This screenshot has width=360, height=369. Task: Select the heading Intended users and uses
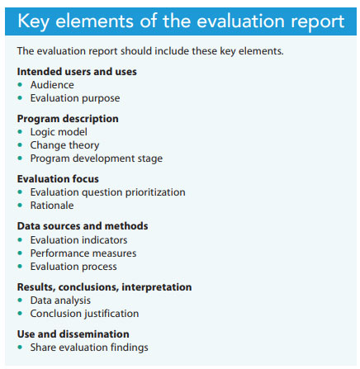coord(77,72)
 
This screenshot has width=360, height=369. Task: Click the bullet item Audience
coord(52,84)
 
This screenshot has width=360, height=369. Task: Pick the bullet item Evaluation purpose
coord(73,97)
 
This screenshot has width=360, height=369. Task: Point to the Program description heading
coord(68,119)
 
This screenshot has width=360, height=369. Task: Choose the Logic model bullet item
coord(58,131)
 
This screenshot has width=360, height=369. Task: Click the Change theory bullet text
coord(64,144)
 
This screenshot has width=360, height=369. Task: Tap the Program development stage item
coord(96,158)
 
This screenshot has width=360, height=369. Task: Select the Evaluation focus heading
coord(58,178)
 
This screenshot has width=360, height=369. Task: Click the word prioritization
coord(154,192)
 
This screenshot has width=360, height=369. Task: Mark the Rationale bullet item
coord(52,205)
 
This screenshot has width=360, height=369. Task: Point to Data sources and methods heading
coord(83,226)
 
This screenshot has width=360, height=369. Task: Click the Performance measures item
coord(83,253)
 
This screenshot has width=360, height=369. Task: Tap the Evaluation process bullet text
coord(73,266)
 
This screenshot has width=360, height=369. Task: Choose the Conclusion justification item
coord(84,314)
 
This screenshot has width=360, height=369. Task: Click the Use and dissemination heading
coord(73,334)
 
